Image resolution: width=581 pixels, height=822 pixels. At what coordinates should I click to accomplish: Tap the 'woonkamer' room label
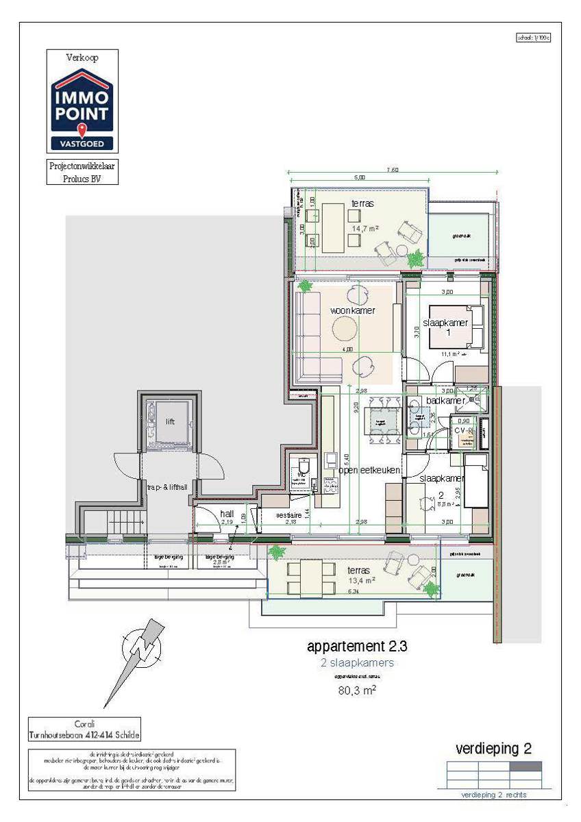(x=352, y=310)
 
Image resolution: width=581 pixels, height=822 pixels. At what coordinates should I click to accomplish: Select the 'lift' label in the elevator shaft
(x=170, y=422)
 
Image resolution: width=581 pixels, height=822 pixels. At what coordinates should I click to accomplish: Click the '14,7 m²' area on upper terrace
(x=367, y=227)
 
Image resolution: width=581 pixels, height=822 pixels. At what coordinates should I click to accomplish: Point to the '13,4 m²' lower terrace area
(x=361, y=581)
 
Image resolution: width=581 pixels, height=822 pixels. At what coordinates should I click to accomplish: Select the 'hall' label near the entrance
(x=227, y=513)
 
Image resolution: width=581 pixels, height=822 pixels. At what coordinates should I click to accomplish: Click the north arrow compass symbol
(x=143, y=647)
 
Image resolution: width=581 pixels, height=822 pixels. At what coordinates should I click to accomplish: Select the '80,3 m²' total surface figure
(x=357, y=690)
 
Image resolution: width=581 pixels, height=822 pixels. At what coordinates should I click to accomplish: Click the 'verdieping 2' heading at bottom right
(x=493, y=749)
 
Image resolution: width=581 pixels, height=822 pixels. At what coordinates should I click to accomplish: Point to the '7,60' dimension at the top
(x=392, y=170)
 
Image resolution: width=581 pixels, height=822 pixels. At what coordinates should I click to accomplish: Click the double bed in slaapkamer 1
(x=465, y=327)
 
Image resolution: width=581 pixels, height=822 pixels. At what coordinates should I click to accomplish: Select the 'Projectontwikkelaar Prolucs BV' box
(x=82, y=173)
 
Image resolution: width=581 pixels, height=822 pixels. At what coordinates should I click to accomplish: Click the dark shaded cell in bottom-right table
(x=526, y=767)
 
